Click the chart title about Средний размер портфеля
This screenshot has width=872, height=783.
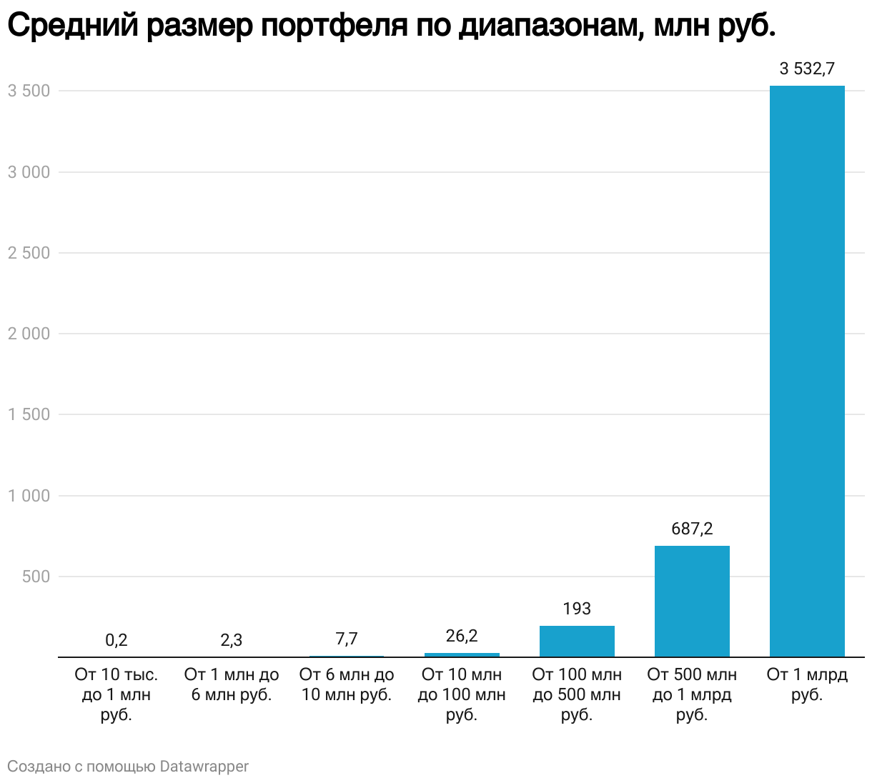391,27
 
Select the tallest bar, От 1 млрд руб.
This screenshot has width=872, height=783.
807,371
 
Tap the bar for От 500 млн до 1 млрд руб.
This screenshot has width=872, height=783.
692,602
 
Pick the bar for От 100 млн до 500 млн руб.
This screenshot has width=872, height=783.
577,642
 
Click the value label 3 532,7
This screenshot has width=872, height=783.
807,69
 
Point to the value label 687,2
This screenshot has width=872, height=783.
692,529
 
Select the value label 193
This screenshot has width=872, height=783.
577,609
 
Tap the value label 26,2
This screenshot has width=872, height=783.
462,636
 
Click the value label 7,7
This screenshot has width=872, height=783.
347,639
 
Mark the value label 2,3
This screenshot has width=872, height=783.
232,640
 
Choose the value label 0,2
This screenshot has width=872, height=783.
117,640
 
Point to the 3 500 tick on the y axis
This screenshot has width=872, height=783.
29,91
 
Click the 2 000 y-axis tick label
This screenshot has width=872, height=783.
29,334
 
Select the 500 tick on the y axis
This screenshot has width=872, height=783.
36,577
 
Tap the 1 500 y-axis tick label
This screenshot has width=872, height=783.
29,414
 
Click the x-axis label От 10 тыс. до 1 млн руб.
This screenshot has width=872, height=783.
117,694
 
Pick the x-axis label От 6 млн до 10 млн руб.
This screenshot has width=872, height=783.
347,684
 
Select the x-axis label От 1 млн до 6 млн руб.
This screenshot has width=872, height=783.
232,684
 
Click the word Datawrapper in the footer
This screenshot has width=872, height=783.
204,767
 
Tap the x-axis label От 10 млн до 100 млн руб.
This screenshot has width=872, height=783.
462,694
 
